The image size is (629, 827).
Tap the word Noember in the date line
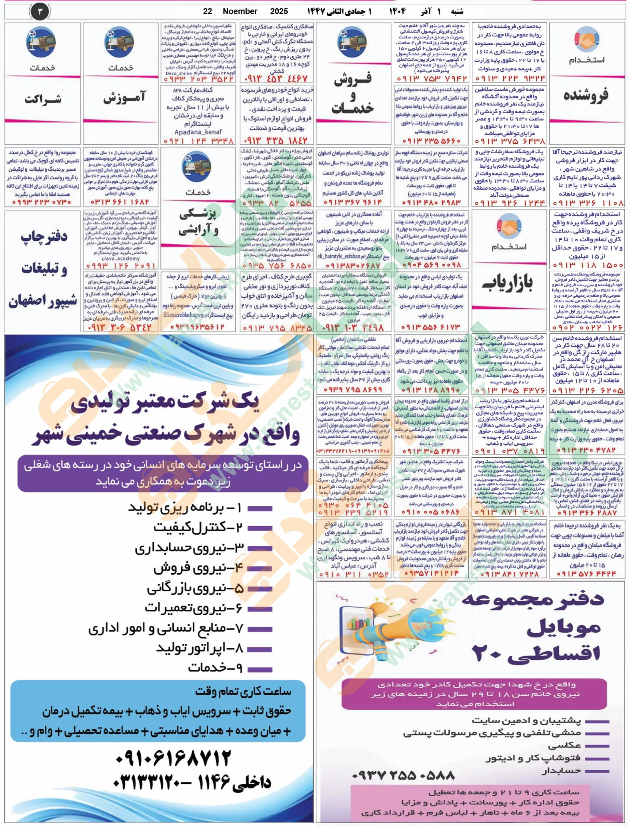click(x=240, y=11)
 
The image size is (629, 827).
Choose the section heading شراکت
click(x=42, y=99)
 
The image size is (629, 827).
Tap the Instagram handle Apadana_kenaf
click(x=198, y=132)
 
